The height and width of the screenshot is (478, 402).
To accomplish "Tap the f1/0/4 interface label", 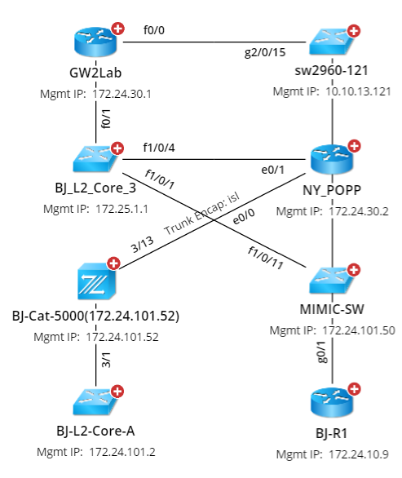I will pyautogui.click(x=159, y=148).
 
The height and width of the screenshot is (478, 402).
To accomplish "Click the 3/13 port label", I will pyautogui.click(x=144, y=243).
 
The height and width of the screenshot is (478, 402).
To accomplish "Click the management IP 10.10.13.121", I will pyautogui.click(x=354, y=93).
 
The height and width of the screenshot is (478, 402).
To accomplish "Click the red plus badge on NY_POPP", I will pyautogui.click(x=353, y=147).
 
